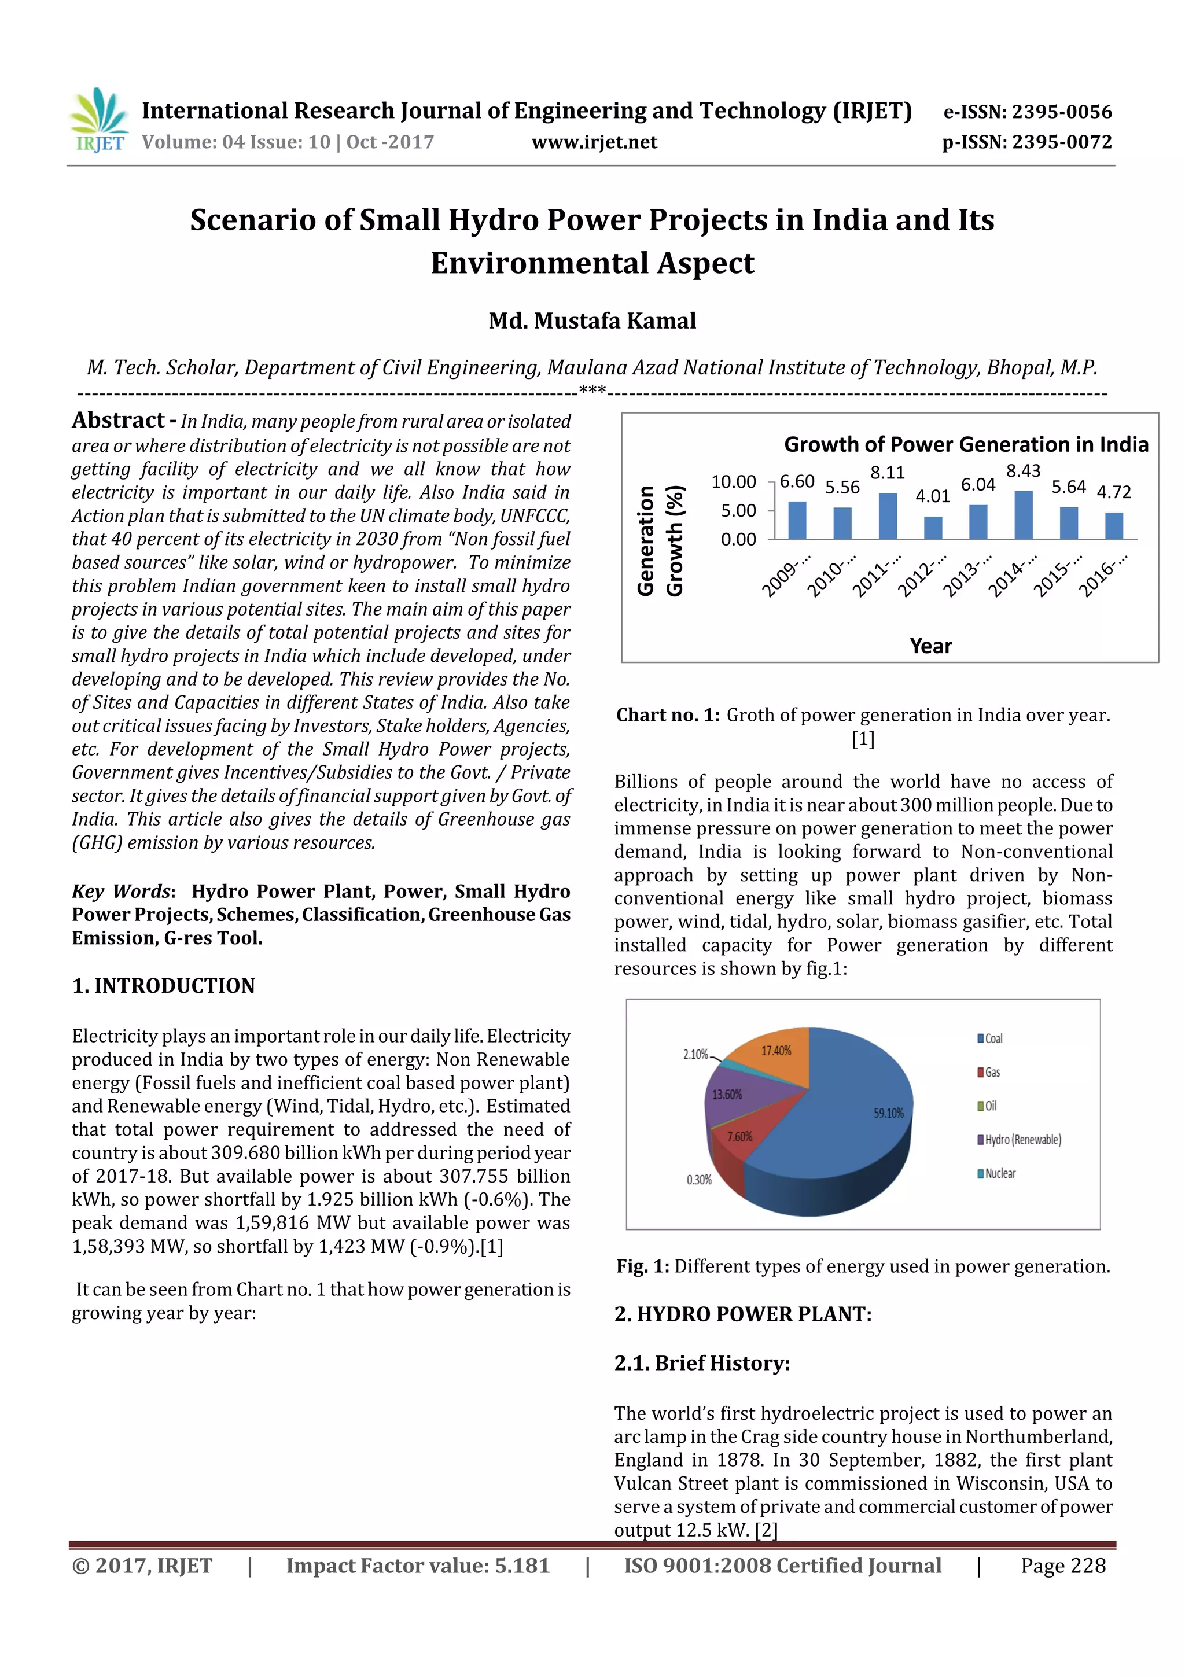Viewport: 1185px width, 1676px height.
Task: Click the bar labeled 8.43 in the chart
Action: [x=1023, y=515]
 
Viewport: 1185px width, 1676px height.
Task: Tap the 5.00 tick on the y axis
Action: [x=738, y=511]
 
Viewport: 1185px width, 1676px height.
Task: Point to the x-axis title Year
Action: [x=930, y=646]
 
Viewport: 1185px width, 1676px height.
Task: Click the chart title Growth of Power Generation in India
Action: [x=965, y=444]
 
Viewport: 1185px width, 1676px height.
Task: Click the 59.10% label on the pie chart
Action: [x=888, y=1113]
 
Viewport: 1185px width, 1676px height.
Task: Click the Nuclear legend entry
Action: [x=999, y=1173]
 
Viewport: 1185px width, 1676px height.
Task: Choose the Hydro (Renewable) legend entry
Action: [x=1021, y=1140]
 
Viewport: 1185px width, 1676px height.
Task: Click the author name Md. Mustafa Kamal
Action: [x=592, y=321]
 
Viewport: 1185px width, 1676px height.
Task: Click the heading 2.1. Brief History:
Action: [x=702, y=1363]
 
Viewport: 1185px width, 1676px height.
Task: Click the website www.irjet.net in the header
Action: [x=594, y=142]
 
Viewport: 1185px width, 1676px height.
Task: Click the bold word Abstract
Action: [x=118, y=421]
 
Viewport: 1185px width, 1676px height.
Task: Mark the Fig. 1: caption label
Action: [x=642, y=1266]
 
